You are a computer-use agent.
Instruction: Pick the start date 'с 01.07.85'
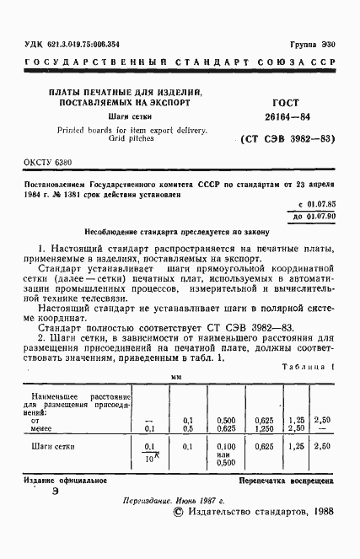317,206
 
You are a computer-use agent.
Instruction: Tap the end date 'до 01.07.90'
314,217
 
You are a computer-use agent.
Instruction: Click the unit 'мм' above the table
177,378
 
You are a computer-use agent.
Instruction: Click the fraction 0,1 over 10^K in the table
150,450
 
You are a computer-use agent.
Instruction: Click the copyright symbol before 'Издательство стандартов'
178,511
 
